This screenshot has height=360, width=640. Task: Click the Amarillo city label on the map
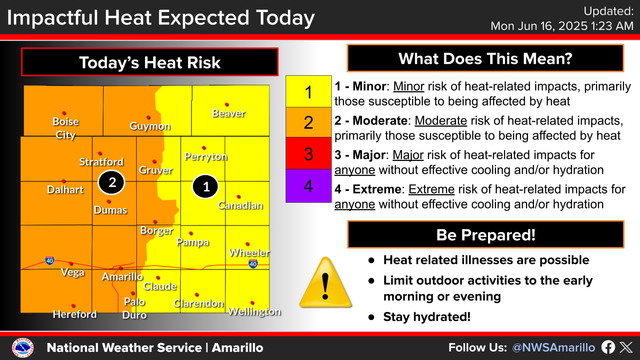pyautogui.click(x=122, y=277)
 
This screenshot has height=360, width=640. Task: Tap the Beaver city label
pyautogui.click(x=229, y=113)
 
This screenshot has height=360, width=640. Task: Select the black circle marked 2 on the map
pyautogui.click(x=112, y=182)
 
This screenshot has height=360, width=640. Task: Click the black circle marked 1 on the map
pyautogui.click(x=205, y=186)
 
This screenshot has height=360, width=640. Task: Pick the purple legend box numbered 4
pyautogui.click(x=308, y=186)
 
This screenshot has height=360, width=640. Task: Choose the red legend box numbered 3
pyautogui.click(x=308, y=154)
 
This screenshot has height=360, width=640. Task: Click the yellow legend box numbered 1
pyautogui.click(x=308, y=92)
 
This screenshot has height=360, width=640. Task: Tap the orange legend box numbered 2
pyautogui.click(x=308, y=122)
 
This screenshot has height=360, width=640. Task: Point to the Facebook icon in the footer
pyautogui.click(x=608, y=347)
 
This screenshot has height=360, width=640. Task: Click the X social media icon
pyautogui.click(x=626, y=347)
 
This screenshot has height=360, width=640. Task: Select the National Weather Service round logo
pyautogui.click(x=23, y=348)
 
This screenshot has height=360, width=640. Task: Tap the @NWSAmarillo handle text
pyautogui.click(x=553, y=348)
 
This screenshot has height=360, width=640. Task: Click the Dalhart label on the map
pyautogui.click(x=65, y=190)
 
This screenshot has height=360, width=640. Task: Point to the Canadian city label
pyautogui.click(x=240, y=205)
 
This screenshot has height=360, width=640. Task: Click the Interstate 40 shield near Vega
pyautogui.click(x=50, y=260)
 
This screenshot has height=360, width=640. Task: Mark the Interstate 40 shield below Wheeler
pyautogui.click(x=253, y=264)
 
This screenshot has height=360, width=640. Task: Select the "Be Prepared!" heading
pyautogui.click(x=486, y=235)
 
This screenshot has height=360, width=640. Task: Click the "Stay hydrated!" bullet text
pyautogui.click(x=427, y=317)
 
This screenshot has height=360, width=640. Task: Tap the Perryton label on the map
pyautogui.click(x=206, y=156)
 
